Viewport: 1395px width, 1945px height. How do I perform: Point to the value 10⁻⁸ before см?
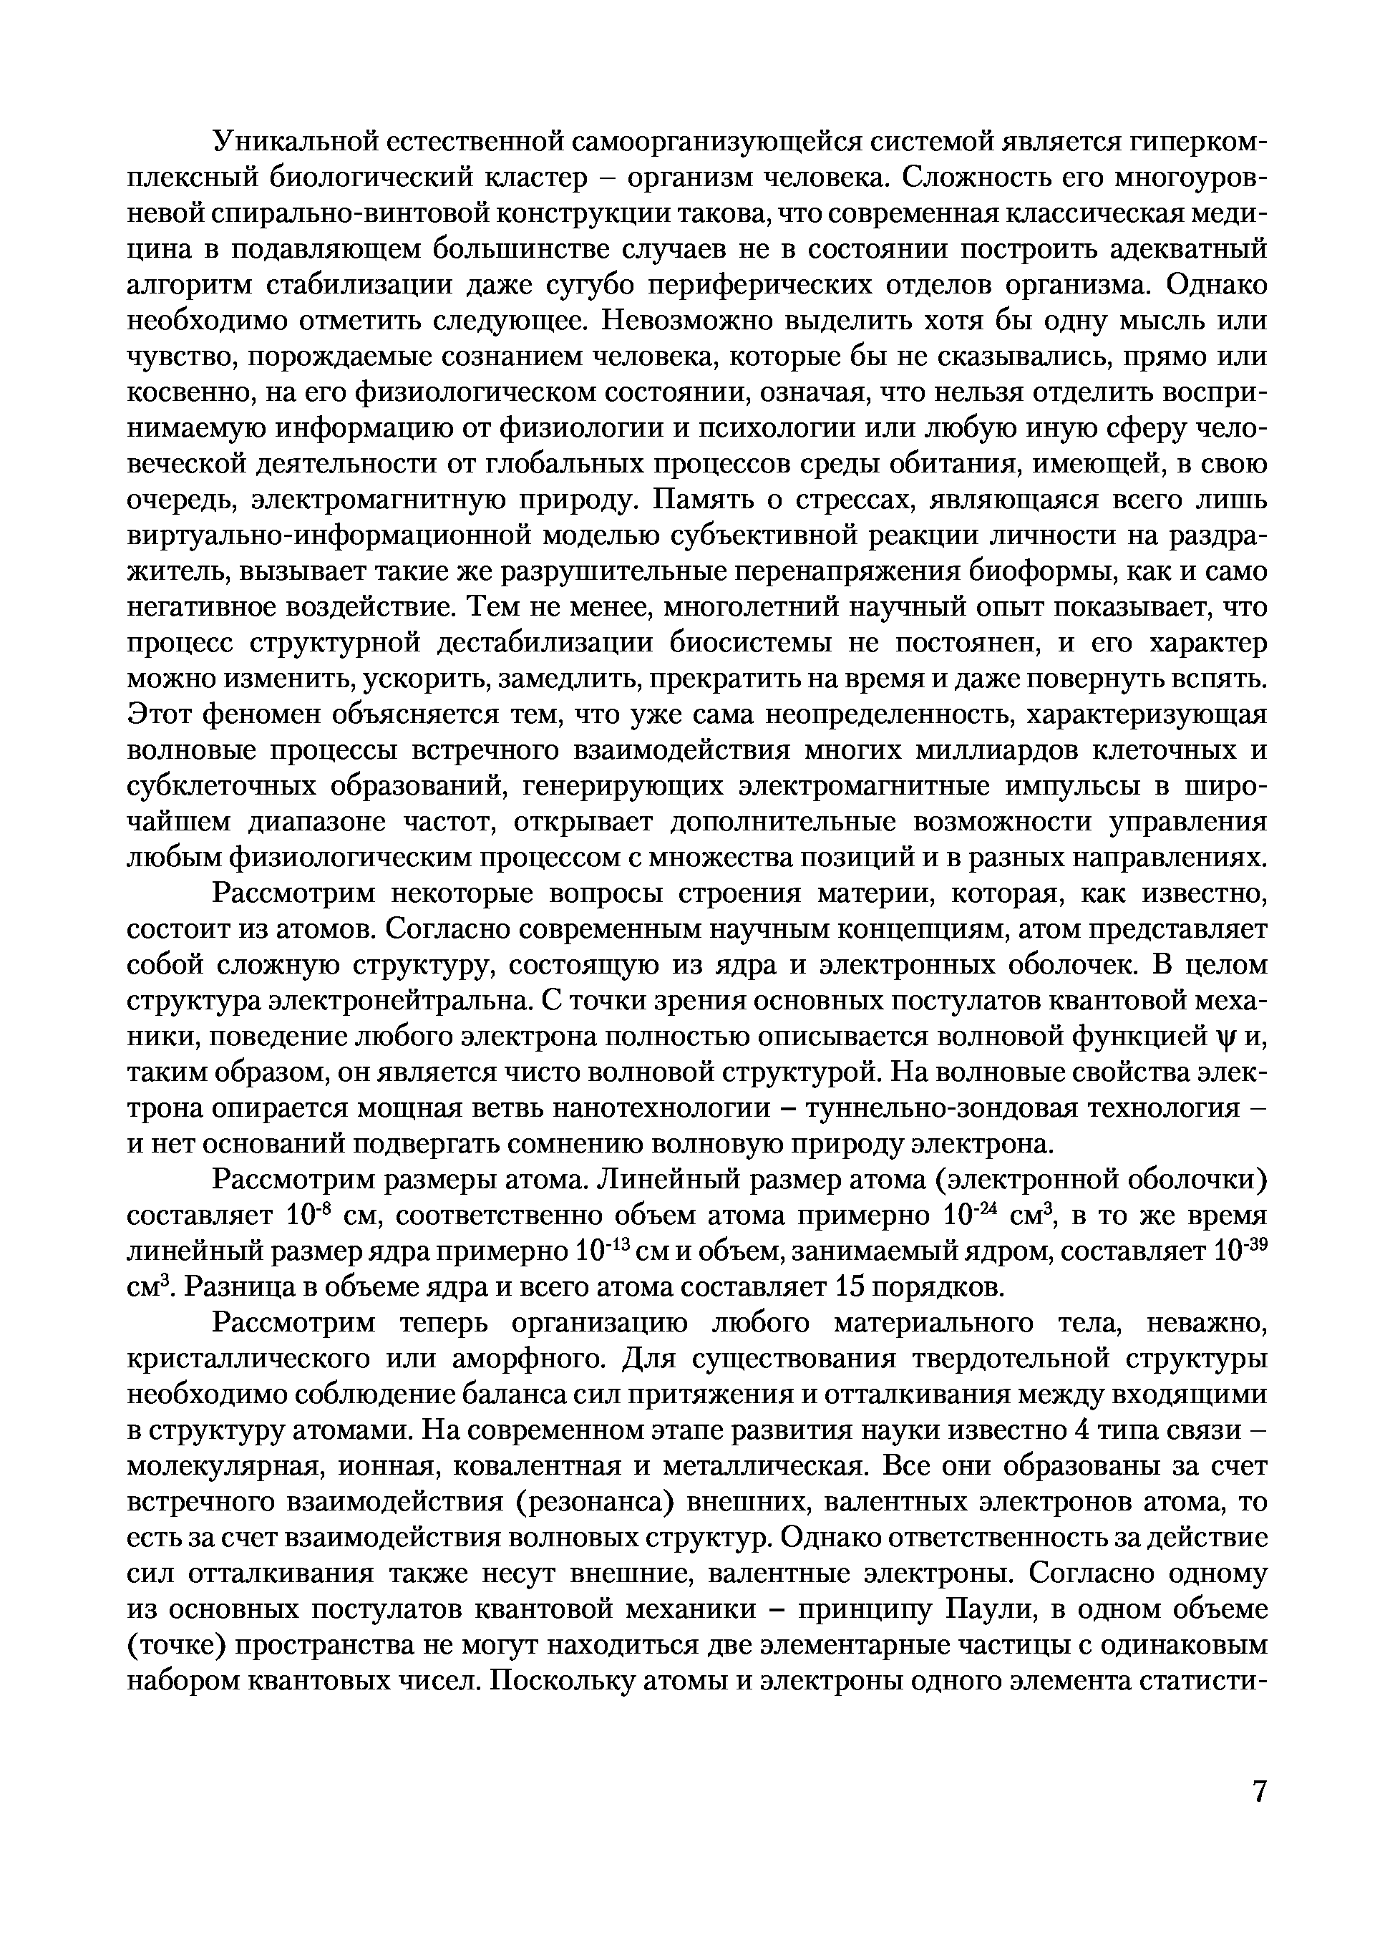click(x=303, y=1216)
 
